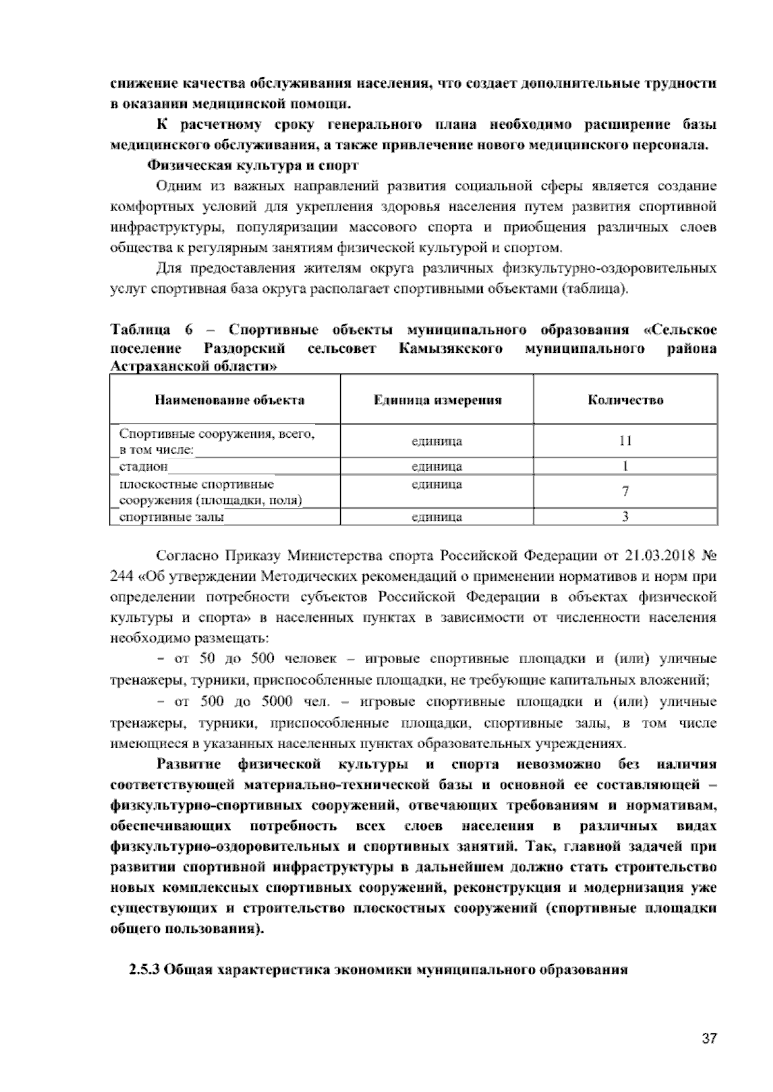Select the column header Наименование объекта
click(x=229, y=400)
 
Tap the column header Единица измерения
click(x=437, y=400)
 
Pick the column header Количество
click(x=625, y=400)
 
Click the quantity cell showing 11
click(x=625, y=441)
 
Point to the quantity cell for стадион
click(x=625, y=466)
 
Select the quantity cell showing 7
click(x=625, y=491)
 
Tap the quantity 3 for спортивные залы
click(x=625, y=516)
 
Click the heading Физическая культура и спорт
click(x=253, y=165)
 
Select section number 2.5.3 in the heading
click(x=145, y=970)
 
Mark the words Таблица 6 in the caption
click(x=152, y=330)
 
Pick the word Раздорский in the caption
click(x=245, y=349)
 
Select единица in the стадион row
click(x=437, y=466)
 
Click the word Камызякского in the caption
click(x=450, y=349)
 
